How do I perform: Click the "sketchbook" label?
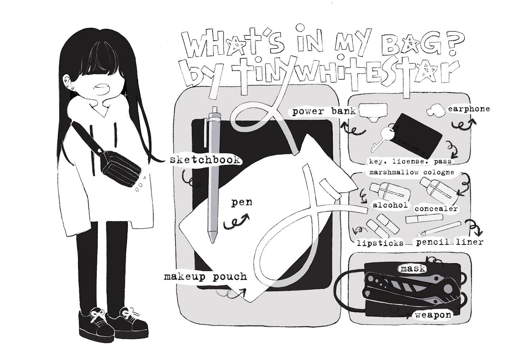click(x=205, y=160)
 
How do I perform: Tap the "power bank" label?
click(x=324, y=112)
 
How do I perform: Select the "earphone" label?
click(x=469, y=109)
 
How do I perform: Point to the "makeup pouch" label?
click(x=205, y=277)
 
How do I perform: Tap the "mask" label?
click(x=413, y=269)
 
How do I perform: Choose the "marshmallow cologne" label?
click(x=412, y=172)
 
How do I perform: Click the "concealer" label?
click(x=436, y=209)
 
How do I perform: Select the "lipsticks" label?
click(x=380, y=243)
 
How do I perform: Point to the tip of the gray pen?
click(x=213, y=242)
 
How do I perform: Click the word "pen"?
click(x=242, y=202)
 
